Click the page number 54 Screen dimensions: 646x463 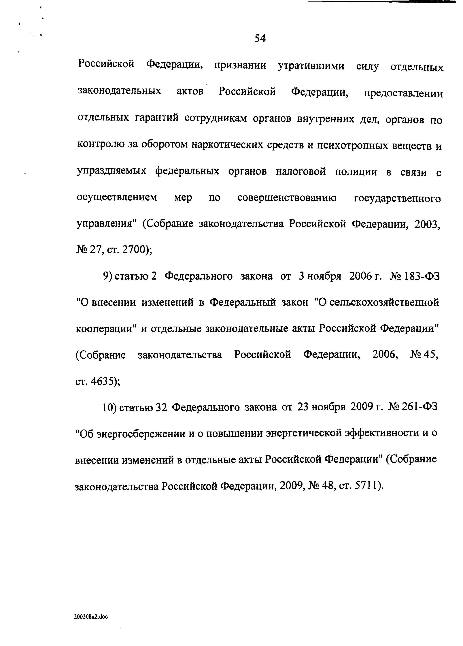260,38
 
